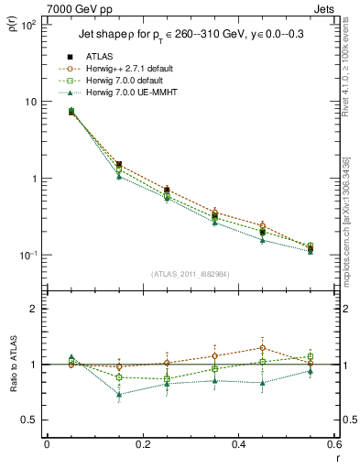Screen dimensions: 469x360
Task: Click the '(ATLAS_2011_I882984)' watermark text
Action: [190, 274]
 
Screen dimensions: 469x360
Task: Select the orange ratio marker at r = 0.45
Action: [263, 348]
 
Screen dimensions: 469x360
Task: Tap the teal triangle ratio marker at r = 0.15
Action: [119, 395]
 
